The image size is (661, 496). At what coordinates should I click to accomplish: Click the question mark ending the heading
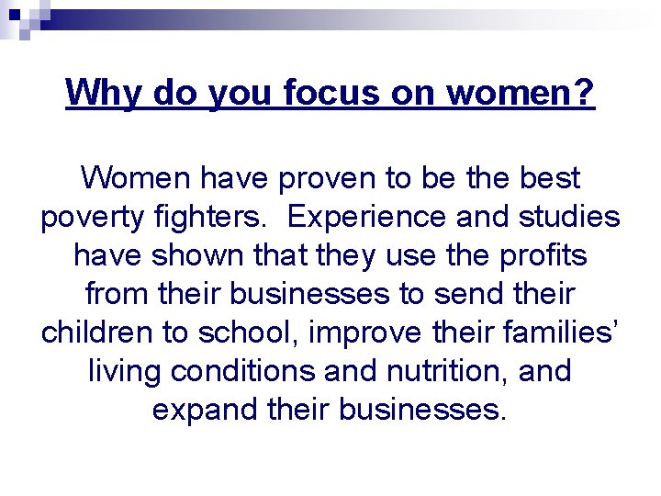click(x=585, y=92)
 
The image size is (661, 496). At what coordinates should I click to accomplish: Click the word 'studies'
click(x=569, y=218)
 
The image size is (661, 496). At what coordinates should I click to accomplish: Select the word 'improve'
click(x=359, y=332)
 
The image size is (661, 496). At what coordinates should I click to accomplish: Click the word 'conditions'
click(x=229, y=370)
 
